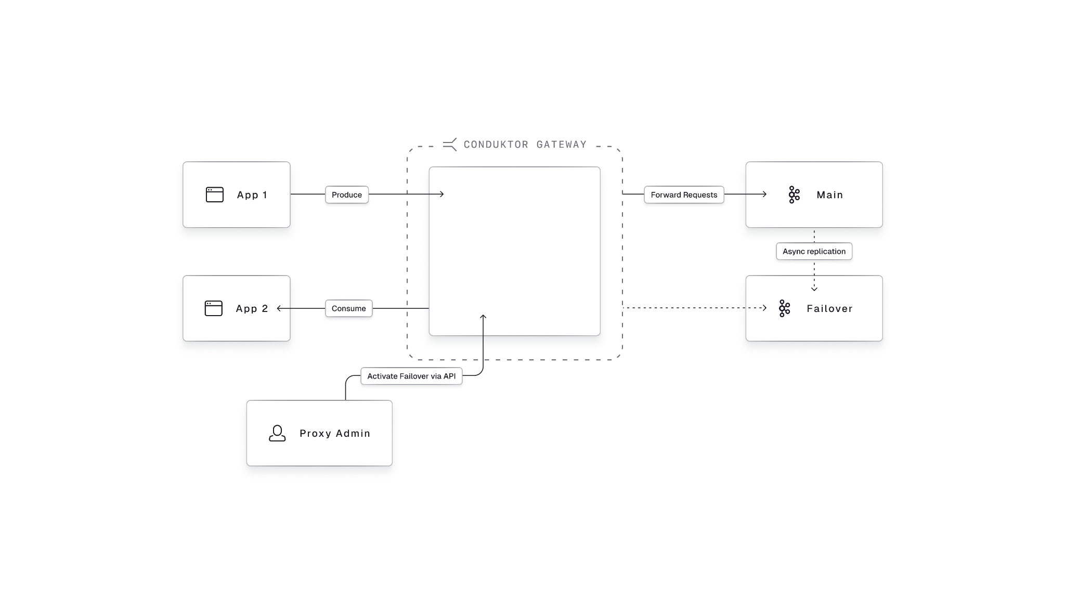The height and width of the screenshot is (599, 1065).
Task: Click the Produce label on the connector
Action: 347,194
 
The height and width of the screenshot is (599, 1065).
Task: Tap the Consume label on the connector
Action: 348,308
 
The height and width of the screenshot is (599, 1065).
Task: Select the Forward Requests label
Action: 684,194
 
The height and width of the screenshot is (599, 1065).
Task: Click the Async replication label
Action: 814,251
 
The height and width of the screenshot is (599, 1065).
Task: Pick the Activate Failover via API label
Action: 411,376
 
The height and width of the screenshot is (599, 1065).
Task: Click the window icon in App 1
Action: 215,194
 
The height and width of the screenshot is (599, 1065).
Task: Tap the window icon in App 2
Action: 214,308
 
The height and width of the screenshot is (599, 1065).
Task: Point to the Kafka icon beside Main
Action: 794,194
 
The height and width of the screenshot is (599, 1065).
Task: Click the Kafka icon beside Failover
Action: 784,308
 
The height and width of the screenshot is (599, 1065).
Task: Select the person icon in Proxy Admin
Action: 277,433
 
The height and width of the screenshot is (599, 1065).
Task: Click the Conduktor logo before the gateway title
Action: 450,144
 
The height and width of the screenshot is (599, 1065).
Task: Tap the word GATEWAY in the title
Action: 562,145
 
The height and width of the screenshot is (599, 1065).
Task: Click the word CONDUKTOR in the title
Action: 496,145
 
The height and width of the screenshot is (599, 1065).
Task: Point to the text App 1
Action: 252,195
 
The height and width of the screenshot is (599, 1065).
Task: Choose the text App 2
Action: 252,309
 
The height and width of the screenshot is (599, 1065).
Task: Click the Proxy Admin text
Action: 335,434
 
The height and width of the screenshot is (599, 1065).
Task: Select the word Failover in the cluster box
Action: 829,309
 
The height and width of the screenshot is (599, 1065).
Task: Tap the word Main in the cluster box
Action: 829,195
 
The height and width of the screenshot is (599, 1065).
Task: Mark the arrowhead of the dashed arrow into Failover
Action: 764,308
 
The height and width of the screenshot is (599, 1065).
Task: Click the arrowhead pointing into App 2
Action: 279,308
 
